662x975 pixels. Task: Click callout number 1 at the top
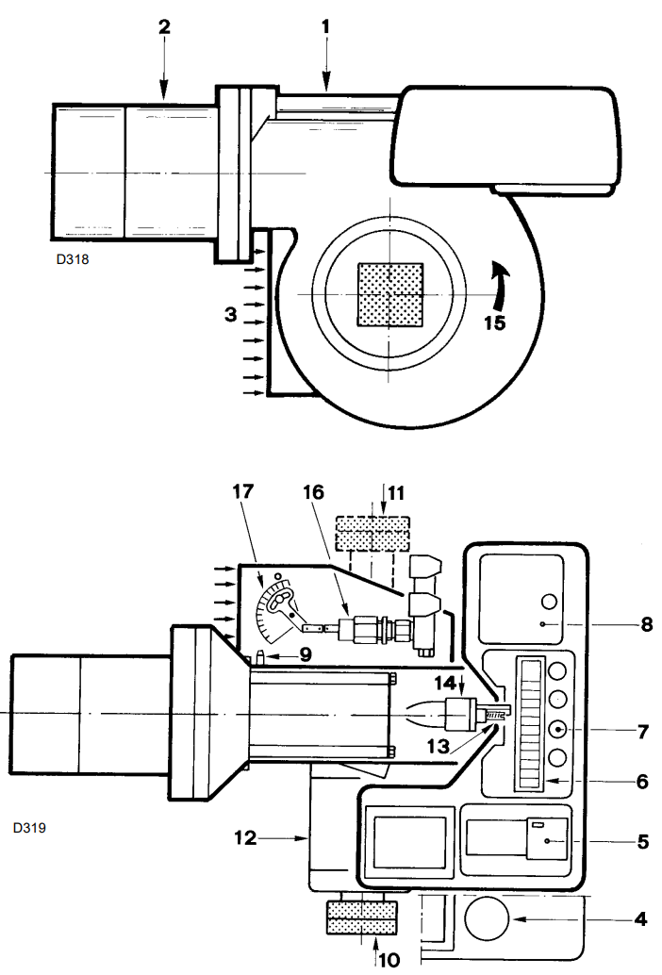325,26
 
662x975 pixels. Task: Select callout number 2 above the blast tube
164,26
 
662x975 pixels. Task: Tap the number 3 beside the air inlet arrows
231,315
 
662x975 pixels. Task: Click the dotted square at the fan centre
390,294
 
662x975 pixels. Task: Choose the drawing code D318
73,259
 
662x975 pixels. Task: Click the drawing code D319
29,828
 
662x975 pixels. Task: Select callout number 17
243,491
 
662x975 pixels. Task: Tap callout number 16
314,492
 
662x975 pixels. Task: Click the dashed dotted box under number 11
372,534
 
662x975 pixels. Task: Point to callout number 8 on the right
647,624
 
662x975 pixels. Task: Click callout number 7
643,732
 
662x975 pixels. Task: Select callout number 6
643,781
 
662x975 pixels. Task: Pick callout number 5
643,841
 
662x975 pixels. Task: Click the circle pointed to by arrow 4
487,918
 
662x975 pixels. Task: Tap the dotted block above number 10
362,917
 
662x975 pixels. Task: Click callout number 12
245,838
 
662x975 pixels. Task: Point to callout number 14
445,683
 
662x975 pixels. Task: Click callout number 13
439,746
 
